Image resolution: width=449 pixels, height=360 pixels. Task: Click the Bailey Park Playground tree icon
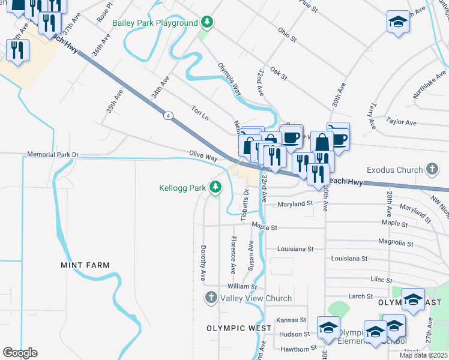pos(208,23)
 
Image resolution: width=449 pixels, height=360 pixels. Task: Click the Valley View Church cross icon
pos(211,298)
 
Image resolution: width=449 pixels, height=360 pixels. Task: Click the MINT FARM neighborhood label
pos(85,265)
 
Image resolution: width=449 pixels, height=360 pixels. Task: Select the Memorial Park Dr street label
pos(53,155)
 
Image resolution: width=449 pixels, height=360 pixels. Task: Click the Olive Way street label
pos(203,156)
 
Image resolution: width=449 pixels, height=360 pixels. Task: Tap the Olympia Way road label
pos(229,79)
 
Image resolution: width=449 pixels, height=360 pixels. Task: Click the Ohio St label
pos(287,35)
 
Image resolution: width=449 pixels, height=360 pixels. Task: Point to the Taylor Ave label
pos(402,122)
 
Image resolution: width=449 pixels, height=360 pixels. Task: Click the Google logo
pos(20,353)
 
